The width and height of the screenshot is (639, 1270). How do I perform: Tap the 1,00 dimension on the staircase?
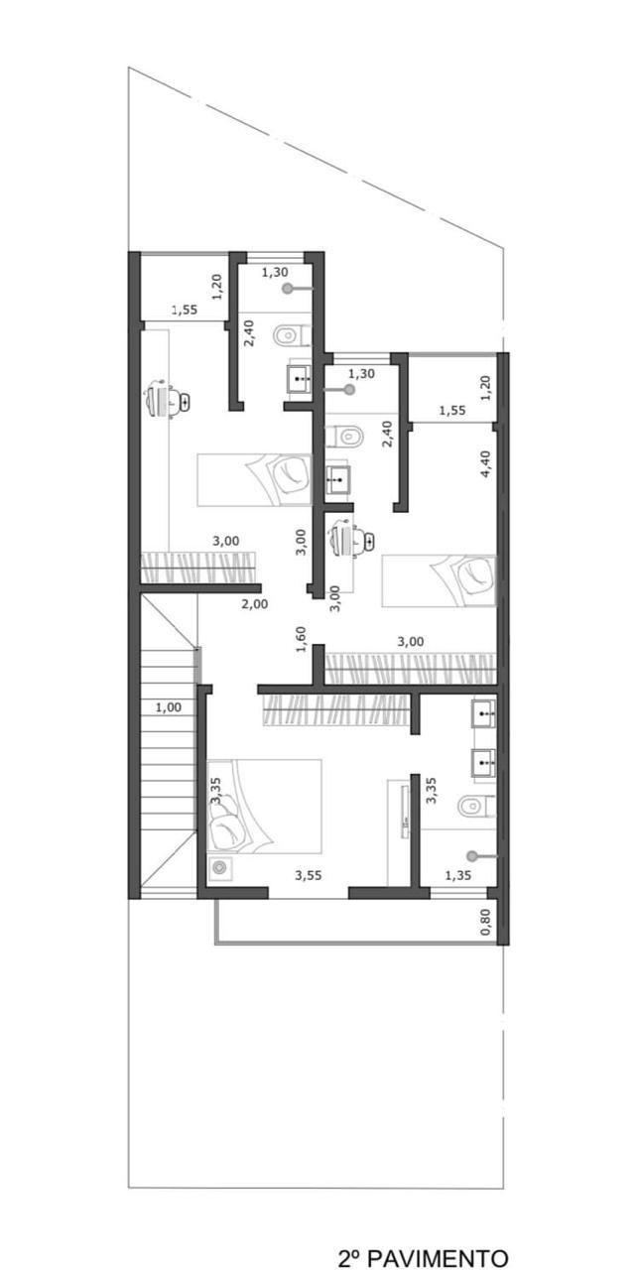tap(169, 707)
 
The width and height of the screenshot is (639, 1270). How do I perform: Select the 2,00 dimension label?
tap(255, 604)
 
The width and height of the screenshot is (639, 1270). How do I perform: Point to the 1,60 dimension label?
tap(301, 639)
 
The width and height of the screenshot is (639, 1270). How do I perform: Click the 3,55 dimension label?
tap(308, 875)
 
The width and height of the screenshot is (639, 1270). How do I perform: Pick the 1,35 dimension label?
tap(458, 875)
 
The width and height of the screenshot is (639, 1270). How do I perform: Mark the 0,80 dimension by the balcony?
tap(485, 923)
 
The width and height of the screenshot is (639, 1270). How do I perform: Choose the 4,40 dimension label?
tap(485, 463)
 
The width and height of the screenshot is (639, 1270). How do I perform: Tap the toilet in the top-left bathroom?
tap(292, 335)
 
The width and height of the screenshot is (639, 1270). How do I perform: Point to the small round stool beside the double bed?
tap(219, 867)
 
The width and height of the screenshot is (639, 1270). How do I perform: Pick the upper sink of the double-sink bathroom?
tap(483, 714)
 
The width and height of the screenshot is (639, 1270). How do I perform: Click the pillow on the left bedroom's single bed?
tap(291, 478)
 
